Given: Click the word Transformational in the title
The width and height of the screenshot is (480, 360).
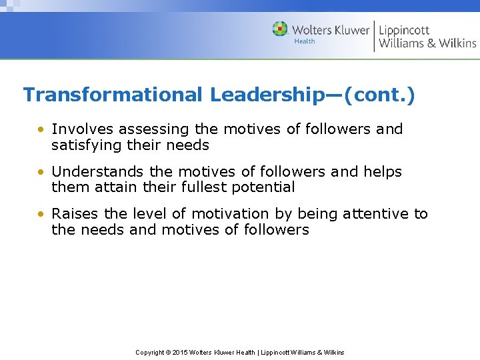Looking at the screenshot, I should [x=112, y=95].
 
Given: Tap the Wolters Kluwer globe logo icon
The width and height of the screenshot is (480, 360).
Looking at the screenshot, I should [x=280, y=29].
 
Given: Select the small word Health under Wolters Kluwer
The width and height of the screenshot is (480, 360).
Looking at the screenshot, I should [x=304, y=41].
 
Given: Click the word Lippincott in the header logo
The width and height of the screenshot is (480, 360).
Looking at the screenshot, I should [x=404, y=29].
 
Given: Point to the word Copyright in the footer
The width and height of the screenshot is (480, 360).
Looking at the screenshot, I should [x=151, y=352].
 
